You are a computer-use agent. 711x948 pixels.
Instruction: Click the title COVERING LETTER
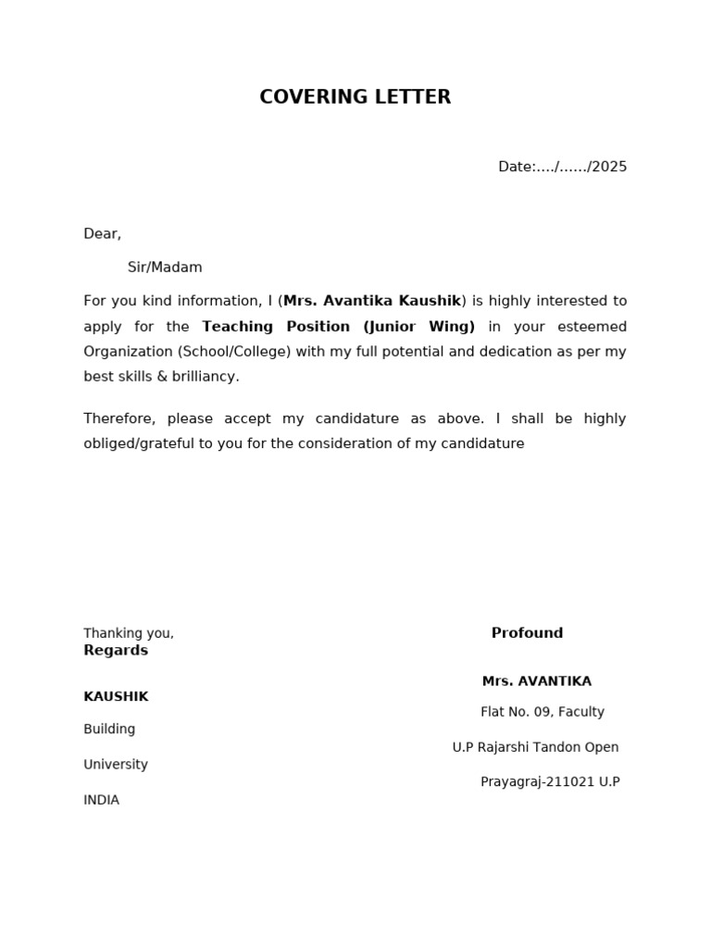pyautogui.click(x=355, y=97)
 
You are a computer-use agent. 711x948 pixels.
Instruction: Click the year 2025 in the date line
pyautogui.click(x=608, y=167)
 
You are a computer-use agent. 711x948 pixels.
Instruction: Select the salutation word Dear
pyautogui.click(x=101, y=234)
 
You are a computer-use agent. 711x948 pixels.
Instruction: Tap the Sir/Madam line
pyautogui.click(x=165, y=268)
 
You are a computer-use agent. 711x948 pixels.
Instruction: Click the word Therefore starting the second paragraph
pyautogui.click(x=118, y=418)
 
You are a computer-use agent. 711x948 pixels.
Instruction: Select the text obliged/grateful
pyautogui.click(x=148, y=443)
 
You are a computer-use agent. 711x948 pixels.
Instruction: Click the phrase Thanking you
pyautogui.click(x=128, y=633)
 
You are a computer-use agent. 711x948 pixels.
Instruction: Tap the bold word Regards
pyautogui.click(x=116, y=651)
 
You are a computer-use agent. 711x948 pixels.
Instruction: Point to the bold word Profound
pyautogui.click(x=527, y=633)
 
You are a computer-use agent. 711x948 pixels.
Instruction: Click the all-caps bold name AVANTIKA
pyautogui.click(x=555, y=681)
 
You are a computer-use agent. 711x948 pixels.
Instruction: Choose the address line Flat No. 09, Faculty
pyautogui.click(x=542, y=712)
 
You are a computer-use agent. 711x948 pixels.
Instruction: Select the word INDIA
pyautogui.click(x=101, y=800)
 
